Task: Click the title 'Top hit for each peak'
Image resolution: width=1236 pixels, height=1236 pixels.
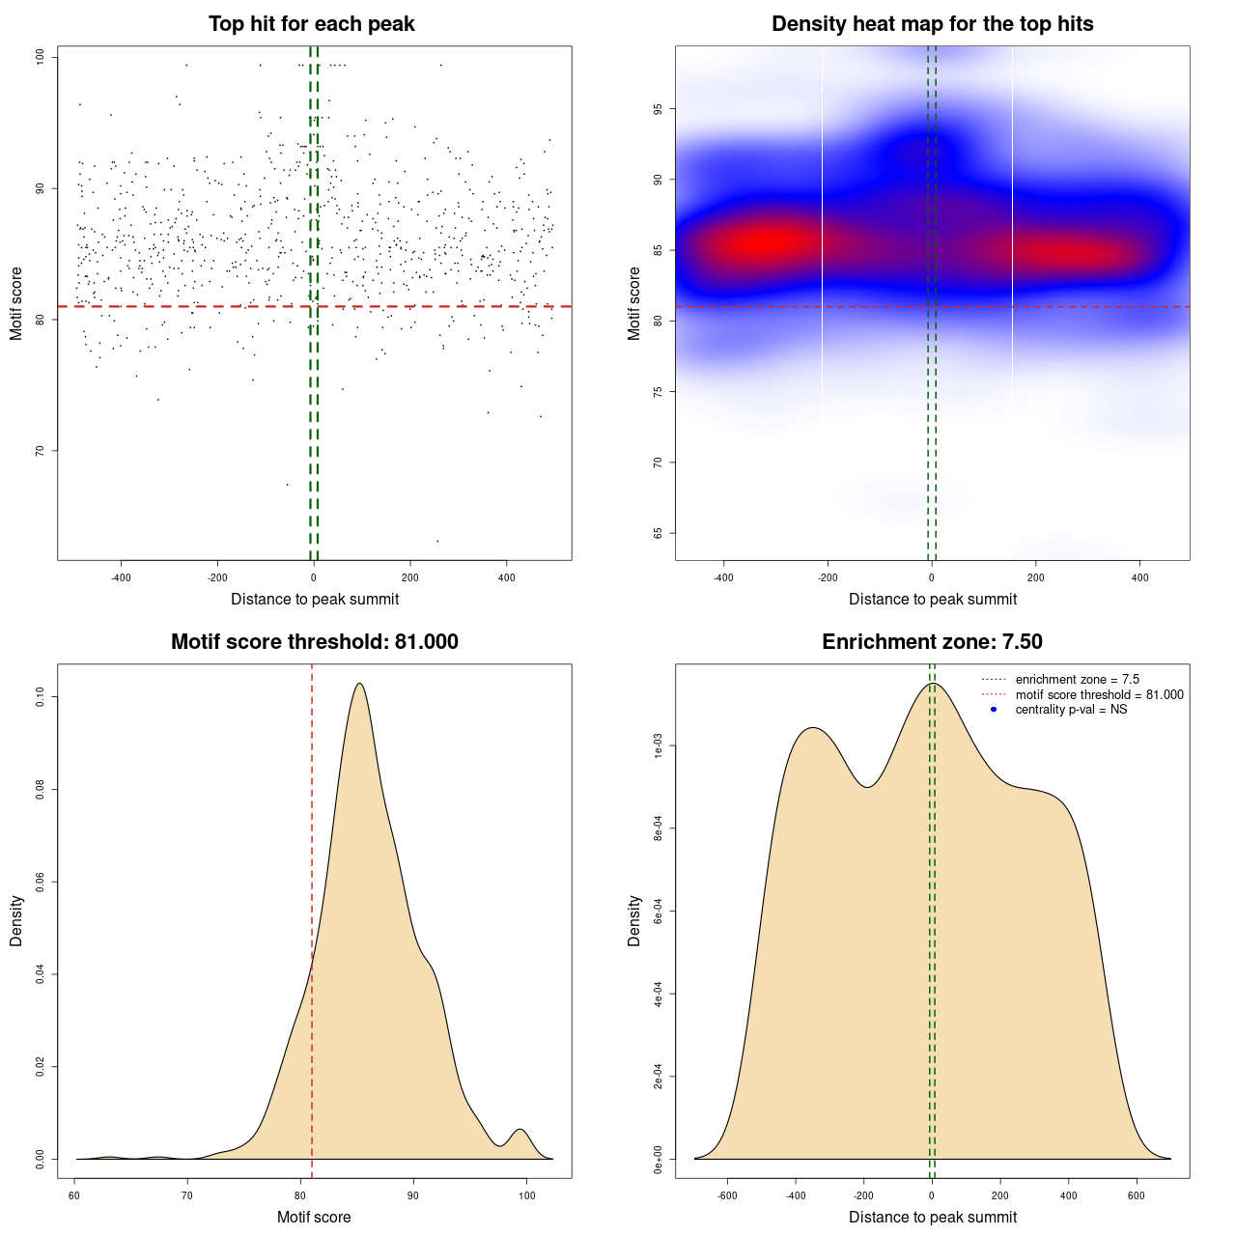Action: [x=311, y=24]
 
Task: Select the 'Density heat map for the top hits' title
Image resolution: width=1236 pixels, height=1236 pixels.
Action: [x=932, y=24]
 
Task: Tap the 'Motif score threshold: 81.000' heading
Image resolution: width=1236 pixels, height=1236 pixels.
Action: [x=314, y=642]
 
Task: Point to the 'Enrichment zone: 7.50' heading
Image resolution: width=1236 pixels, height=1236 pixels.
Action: [x=932, y=642]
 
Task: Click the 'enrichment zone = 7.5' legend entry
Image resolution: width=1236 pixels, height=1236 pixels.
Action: [x=1077, y=680]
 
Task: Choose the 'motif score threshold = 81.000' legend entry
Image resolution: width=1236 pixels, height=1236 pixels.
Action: [x=1099, y=695]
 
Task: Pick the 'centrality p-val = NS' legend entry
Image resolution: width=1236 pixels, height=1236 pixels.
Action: [x=1071, y=710]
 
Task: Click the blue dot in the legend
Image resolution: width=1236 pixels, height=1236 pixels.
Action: [x=994, y=710]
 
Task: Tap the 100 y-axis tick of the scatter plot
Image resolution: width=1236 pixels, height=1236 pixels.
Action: [x=41, y=58]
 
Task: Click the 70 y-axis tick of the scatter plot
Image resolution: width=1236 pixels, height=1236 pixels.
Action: [x=41, y=451]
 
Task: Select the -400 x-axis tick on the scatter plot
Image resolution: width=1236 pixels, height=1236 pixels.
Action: [x=121, y=578]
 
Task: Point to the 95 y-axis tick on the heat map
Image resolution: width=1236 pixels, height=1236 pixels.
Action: [x=659, y=109]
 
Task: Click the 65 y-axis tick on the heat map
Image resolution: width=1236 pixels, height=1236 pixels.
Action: [x=659, y=533]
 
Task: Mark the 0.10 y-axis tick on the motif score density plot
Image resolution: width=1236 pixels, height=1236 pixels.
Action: [x=41, y=697]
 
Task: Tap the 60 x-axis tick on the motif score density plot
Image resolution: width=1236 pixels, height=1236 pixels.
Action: [x=75, y=1195]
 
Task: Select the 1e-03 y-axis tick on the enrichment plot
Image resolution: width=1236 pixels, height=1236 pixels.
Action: [x=659, y=746]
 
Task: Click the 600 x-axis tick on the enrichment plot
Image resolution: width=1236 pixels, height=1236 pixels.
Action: [x=1137, y=1195]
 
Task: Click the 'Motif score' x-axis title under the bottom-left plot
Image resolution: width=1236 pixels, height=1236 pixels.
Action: [x=314, y=1218]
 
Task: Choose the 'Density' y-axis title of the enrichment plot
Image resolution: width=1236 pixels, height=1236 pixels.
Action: [x=634, y=920]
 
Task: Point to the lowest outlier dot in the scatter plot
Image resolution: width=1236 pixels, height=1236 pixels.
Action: [x=437, y=541]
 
